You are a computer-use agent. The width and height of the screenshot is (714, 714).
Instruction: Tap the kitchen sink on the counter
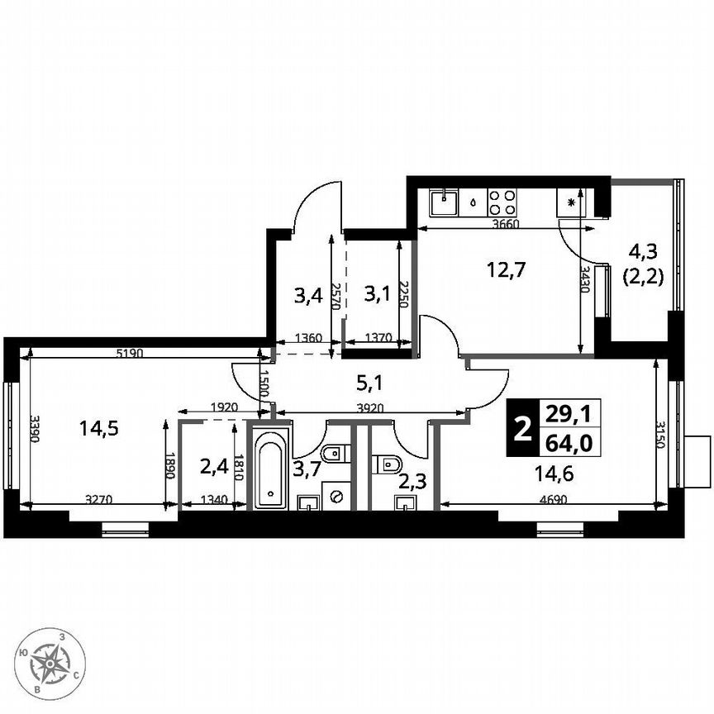pos(445,198)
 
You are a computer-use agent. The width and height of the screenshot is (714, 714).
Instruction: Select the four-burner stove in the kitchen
pos(502,202)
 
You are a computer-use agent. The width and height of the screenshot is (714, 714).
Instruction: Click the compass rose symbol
pos(52,661)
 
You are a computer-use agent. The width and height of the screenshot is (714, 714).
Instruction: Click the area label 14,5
pos(98,428)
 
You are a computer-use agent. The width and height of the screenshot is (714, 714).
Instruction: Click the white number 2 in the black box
pos(521,429)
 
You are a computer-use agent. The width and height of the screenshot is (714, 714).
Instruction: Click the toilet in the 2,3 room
pos(385,464)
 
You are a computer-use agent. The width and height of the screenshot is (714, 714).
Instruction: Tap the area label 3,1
pos(376,293)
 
